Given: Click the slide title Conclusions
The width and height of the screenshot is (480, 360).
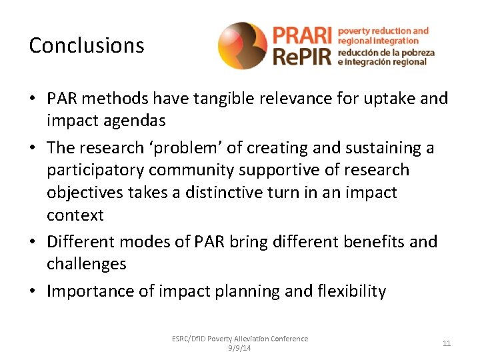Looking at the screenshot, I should [87, 45].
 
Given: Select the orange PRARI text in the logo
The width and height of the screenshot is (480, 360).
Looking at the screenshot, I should [301, 35].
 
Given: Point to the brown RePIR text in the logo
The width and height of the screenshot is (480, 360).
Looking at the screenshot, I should [301, 56].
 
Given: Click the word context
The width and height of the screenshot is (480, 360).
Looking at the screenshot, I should [75, 215].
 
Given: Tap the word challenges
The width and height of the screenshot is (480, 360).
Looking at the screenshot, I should [87, 264].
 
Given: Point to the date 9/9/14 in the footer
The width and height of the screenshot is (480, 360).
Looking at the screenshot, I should [239, 347].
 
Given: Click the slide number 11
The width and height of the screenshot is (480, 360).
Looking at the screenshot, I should [446, 343].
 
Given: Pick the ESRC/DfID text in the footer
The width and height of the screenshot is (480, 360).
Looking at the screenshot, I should [189, 339].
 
